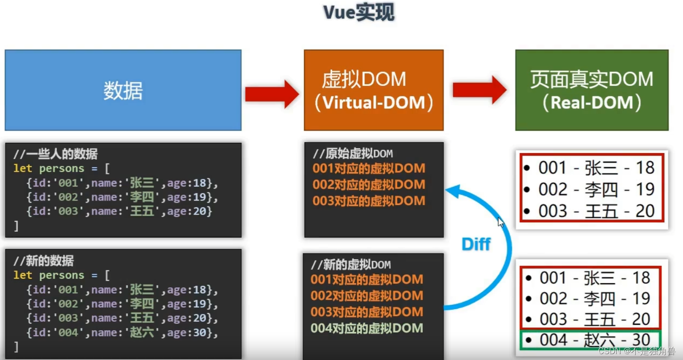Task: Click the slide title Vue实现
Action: (x=359, y=13)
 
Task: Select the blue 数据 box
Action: (x=123, y=90)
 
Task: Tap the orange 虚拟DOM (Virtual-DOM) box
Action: (x=374, y=90)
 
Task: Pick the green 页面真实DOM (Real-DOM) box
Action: (x=592, y=90)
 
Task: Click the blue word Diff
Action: (x=476, y=244)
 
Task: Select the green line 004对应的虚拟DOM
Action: (x=367, y=328)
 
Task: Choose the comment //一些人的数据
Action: (x=56, y=154)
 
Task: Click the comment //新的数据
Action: (x=44, y=261)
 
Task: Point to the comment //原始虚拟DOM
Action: (x=353, y=154)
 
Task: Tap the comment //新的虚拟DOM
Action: (x=351, y=264)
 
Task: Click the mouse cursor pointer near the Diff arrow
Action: (x=501, y=222)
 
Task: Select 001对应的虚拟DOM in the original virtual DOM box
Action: (x=369, y=168)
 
